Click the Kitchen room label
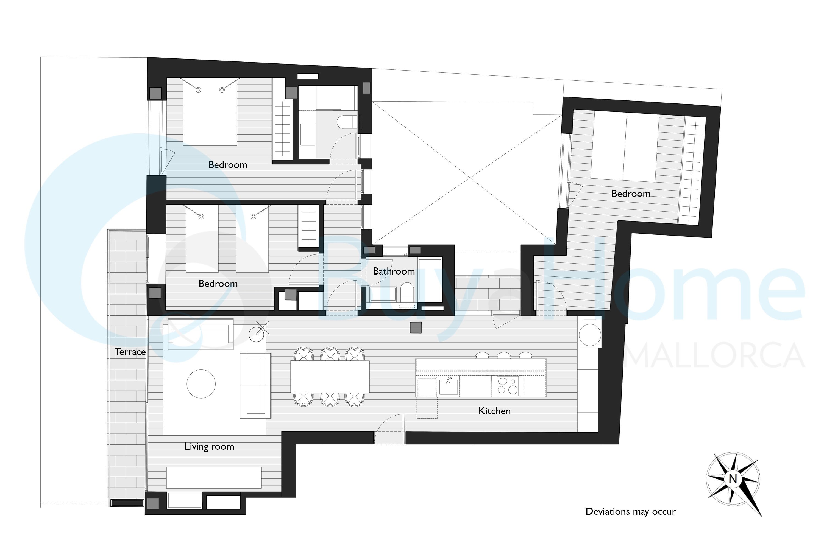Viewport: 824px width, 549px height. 494,411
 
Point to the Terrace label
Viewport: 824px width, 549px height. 130,352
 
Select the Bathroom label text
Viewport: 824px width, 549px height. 394,271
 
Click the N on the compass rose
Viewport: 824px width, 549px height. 733,478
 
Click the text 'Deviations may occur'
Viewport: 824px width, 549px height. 631,512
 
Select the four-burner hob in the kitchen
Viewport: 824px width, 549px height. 508,386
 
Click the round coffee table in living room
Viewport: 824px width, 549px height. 201,384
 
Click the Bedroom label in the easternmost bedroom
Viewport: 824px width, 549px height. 631,194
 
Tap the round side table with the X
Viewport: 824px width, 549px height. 257,334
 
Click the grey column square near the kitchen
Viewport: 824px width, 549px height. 416,327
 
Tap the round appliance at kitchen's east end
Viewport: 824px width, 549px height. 590,335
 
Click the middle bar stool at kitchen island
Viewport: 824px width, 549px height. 504,356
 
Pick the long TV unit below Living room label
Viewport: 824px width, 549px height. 214,477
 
